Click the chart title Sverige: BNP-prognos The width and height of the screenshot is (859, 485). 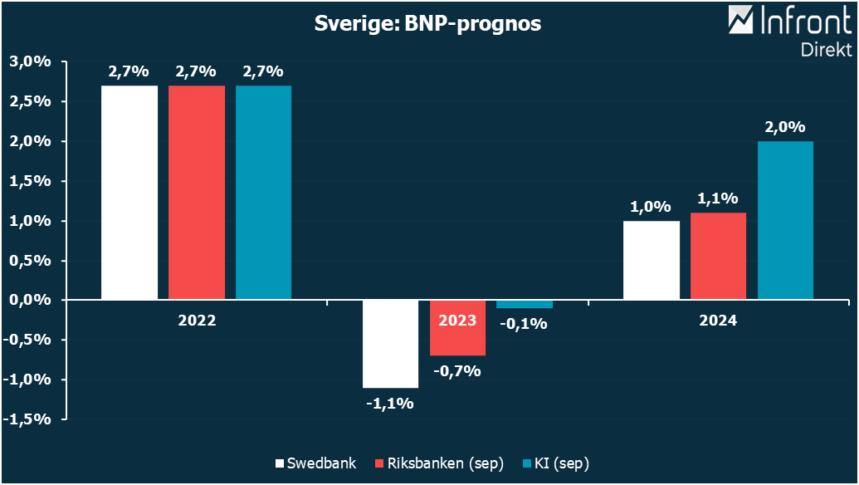pyautogui.click(x=427, y=24)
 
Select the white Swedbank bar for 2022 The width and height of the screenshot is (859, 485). pyautogui.click(x=129, y=192)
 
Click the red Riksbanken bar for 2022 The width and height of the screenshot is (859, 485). pyautogui.click(x=197, y=192)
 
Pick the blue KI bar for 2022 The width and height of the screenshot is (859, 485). pyautogui.click(x=263, y=192)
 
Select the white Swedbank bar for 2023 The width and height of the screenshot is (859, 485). pyautogui.click(x=390, y=343)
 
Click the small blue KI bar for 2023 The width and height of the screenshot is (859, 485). pyautogui.click(x=524, y=304)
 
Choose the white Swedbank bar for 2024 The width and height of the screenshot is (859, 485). pyautogui.click(x=652, y=259)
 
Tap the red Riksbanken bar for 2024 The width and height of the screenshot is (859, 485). pyautogui.click(x=718, y=256)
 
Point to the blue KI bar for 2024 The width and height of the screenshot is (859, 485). pyautogui.click(x=785, y=220)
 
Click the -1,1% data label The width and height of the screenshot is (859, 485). pyautogui.click(x=390, y=404)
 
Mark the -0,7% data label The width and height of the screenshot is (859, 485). pyautogui.click(x=457, y=371)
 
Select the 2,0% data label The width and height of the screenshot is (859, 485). pyautogui.click(x=785, y=127)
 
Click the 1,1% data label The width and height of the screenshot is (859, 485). pyautogui.click(x=718, y=198)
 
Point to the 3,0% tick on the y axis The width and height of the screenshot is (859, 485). pyautogui.click(x=30, y=62)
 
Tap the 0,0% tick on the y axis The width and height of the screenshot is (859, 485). pyautogui.click(x=30, y=300)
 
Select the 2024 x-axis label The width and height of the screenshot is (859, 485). pyautogui.click(x=718, y=320)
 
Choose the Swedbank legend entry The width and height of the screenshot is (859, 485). pyautogui.click(x=315, y=463)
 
